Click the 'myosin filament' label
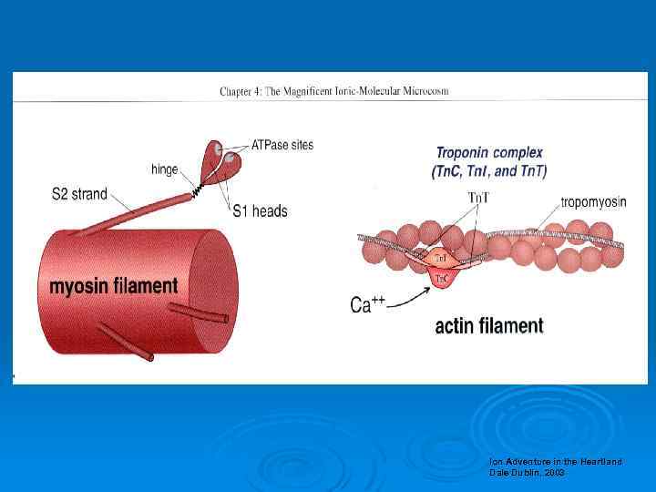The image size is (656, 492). point(113,286)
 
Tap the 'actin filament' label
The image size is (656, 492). point(488,325)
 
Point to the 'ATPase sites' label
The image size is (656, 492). point(282,146)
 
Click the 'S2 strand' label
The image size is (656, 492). point(79,193)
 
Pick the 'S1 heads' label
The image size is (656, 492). point(260,211)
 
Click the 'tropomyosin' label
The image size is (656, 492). point(593,202)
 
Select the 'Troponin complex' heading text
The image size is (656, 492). point(489,153)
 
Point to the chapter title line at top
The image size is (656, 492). point(333,91)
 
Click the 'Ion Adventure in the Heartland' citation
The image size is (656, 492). point(555,462)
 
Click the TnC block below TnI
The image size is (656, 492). point(440,278)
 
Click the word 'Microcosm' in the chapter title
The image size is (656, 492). point(424,91)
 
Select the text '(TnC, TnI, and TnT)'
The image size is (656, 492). point(489,170)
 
